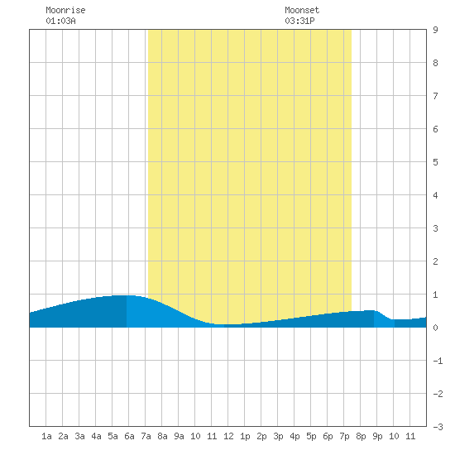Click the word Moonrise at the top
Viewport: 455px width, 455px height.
(x=65, y=10)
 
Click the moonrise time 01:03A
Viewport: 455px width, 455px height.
(x=60, y=21)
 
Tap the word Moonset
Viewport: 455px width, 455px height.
(x=302, y=10)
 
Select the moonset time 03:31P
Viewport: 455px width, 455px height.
(x=299, y=21)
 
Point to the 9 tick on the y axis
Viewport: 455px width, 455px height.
(x=435, y=30)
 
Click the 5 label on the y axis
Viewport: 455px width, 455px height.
(x=435, y=162)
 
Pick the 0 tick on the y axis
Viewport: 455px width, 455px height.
(x=435, y=328)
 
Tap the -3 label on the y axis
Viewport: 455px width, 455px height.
(x=438, y=427)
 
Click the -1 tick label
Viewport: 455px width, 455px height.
(x=438, y=361)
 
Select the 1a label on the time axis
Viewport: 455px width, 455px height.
(x=46, y=436)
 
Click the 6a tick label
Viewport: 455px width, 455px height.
(x=129, y=436)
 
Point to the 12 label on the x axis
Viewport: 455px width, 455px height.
(x=228, y=436)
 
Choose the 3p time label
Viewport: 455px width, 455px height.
(x=278, y=436)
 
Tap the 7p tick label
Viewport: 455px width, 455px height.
(x=344, y=436)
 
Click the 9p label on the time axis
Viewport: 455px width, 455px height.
(x=377, y=436)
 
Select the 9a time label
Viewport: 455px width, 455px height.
(x=179, y=436)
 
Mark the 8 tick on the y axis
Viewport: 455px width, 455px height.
(x=435, y=63)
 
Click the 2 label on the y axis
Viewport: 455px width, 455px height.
(x=435, y=261)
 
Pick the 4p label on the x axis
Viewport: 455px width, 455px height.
(x=295, y=436)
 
